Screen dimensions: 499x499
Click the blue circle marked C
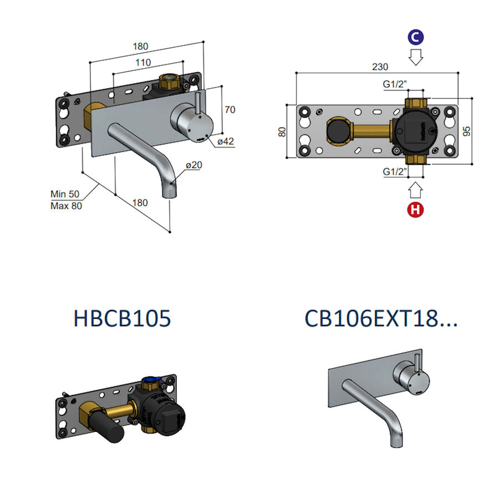tap(415, 37)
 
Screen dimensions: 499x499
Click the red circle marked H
tap(415, 210)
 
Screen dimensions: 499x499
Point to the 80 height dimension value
tap(282, 131)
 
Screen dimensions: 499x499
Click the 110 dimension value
tap(142, 63)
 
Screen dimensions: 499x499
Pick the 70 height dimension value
tap(230, 110)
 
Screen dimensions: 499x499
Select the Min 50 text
tap(65, 194)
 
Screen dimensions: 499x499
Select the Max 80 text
tap(65, 206)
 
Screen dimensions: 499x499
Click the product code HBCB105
tap(122, 319)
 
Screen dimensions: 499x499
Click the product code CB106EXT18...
tap(381, 319)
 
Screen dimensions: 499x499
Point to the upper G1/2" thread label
tap(395, 84)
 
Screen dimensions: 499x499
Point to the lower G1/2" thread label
tap(395, 172)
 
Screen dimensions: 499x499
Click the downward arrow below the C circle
tap(415, 57)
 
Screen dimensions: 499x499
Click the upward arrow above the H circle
tap(415, 190)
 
